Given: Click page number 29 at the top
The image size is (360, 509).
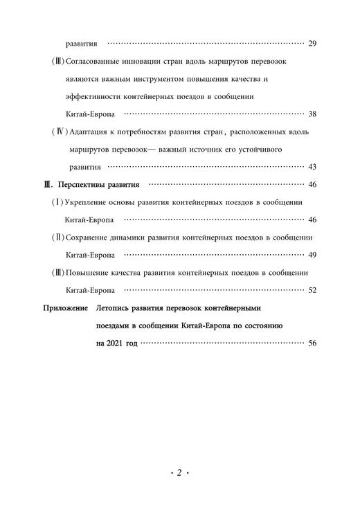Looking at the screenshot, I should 312,44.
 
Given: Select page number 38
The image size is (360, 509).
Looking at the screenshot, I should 312,114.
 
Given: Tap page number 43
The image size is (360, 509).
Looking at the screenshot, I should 312,167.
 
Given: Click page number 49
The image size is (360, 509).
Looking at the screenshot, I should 312,255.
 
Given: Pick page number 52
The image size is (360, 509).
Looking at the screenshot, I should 312,290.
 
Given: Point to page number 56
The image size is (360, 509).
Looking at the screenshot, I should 312,343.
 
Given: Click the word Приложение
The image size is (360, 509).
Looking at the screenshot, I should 66,307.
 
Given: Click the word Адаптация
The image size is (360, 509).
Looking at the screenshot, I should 92,132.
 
